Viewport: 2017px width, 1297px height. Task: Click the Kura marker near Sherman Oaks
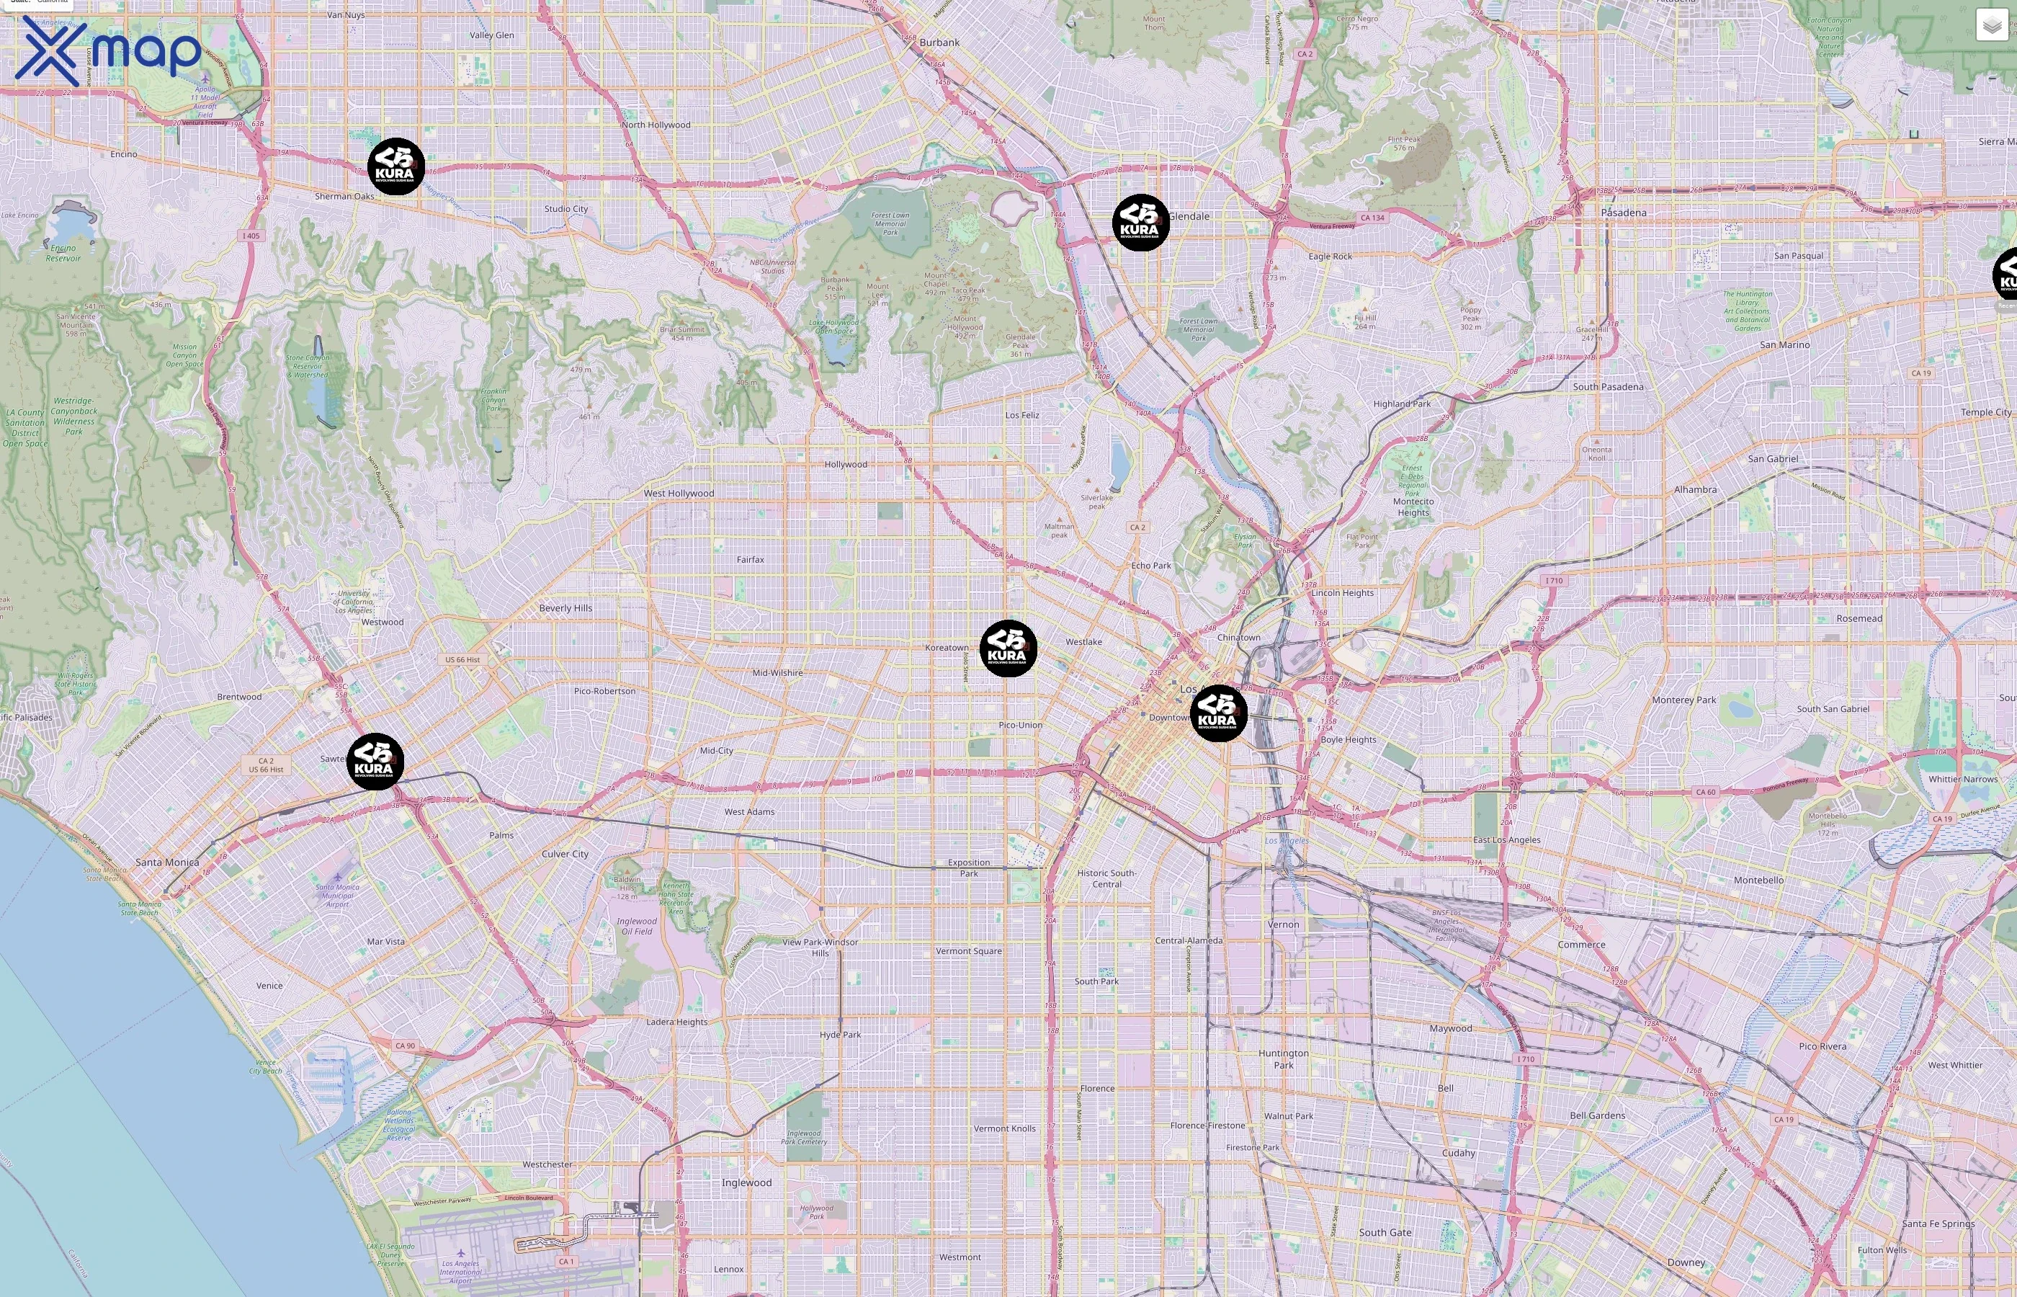395,166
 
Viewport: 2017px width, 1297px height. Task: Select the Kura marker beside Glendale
1140,223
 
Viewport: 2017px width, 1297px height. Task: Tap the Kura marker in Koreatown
1008,648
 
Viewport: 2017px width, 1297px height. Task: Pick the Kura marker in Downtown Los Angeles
1218,713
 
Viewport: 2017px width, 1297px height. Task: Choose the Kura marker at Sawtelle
375,762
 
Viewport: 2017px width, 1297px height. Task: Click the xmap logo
108,51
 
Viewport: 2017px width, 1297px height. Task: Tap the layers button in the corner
1992,25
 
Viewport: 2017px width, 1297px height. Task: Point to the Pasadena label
1623,213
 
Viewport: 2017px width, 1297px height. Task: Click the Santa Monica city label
168,863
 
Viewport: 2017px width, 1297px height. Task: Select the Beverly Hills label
565,608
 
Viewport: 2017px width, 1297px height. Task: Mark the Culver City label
565,854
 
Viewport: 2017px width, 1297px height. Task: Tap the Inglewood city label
746,1182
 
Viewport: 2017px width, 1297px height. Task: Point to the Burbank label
939,42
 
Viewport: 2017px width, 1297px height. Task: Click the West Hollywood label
679,494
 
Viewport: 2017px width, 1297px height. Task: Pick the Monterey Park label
1683,700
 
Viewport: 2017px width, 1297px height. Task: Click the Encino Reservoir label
63,253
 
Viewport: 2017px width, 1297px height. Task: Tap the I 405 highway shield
251,236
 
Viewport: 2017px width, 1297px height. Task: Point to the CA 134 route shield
1372,218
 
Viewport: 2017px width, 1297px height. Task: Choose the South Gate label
1385,1232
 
